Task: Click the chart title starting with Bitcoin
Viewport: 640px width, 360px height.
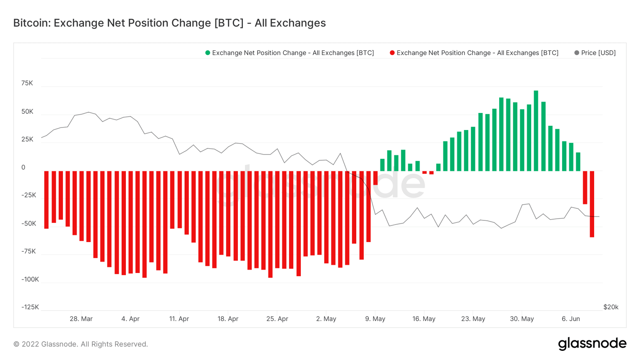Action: pos(169,23)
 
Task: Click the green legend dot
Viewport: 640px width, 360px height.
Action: pos(207,53)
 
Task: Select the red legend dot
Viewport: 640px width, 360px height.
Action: pos(392,53)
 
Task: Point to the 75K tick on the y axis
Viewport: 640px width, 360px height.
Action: pos(27,83)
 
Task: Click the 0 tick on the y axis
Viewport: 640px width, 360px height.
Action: pos(23,167)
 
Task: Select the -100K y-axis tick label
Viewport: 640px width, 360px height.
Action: pos(30,279)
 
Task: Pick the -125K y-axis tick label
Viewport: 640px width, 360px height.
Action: pos(30,307)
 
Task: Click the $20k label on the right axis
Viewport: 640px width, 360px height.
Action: pos(610,307)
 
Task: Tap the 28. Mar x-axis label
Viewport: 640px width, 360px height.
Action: pos(81,319)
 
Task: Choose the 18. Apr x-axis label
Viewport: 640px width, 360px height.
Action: pos(228,319)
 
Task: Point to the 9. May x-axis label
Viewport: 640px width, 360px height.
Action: pos(375,319)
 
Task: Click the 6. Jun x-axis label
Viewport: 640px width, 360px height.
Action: pos(570,319)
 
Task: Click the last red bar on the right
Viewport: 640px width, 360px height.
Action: pos(592,204)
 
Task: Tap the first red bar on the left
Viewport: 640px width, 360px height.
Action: pos(46,200)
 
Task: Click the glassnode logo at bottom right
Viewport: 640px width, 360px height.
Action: pos(592,344)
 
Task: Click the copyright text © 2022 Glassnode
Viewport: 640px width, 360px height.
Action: pos(81,344)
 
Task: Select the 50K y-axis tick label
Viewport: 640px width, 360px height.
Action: pos(27,112)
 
